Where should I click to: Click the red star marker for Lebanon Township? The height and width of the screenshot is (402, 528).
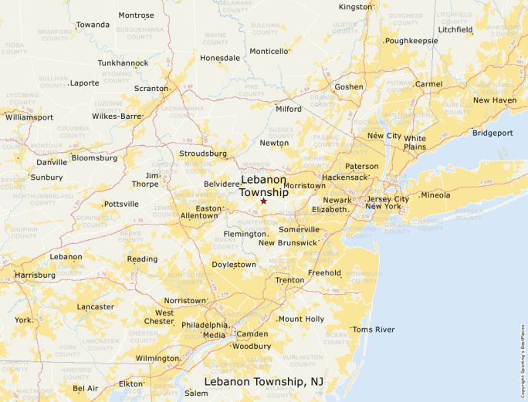click(x=263, y=201)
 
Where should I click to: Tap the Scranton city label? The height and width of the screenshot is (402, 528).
click(x=151, y=89)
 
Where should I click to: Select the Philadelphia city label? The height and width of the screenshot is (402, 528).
click(x=205, y=325)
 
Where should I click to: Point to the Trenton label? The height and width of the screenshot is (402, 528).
click(x=289, y=280)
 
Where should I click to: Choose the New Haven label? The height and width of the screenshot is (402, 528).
click(x=494, y=100)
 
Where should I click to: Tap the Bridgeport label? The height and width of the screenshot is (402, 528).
click(x=492, y=133)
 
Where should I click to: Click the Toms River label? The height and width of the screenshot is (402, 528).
click(x=374, y=329)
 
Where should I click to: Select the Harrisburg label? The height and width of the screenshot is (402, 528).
click(x=35, y=275)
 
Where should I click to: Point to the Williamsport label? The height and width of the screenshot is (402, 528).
click(x=29, y=117)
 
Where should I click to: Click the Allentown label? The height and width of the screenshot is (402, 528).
click(x=198, y=216)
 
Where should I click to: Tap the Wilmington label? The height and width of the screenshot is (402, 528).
click(x=157, y=359)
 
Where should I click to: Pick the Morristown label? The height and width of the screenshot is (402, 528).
click(x=304, y=186)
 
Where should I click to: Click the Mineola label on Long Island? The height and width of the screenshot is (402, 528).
click(x=435, y=195)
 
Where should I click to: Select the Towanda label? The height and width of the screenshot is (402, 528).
click(x=93, y=25)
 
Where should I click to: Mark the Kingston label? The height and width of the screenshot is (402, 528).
click(x=355, y=7)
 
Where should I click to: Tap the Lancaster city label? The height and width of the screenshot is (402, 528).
click(x=96, y=306)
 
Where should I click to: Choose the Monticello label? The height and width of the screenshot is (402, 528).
click(x=269, y=51)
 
